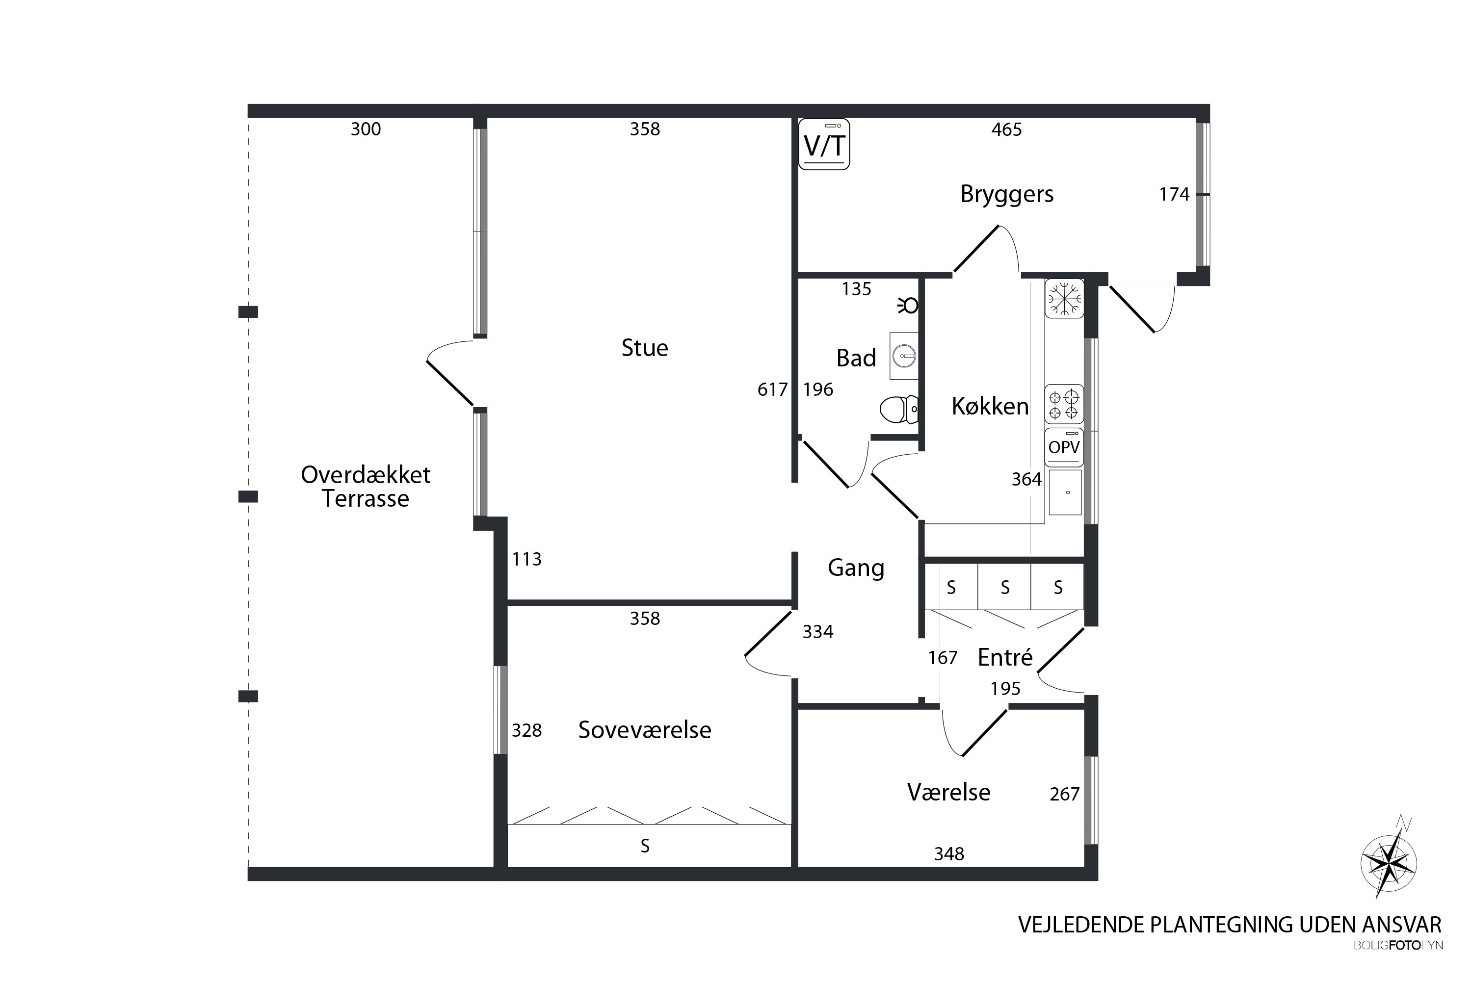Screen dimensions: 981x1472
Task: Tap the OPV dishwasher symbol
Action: (1064, 447)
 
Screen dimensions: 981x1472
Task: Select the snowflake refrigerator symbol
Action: (1064, 298)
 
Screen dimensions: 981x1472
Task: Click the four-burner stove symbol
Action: (1064, 404)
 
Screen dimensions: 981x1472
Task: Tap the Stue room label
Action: (645, 348)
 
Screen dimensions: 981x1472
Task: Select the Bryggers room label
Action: (1006, 194)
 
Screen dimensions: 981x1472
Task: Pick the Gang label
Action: (856, 568)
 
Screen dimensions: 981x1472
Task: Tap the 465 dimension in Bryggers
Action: (1006, 129)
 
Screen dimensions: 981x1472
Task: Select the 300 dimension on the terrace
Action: (366, 129)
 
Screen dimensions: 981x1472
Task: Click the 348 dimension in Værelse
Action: (949, 853)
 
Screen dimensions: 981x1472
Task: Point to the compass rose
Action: (1388, 864)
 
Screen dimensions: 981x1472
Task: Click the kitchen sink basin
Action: (1065, 492)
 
